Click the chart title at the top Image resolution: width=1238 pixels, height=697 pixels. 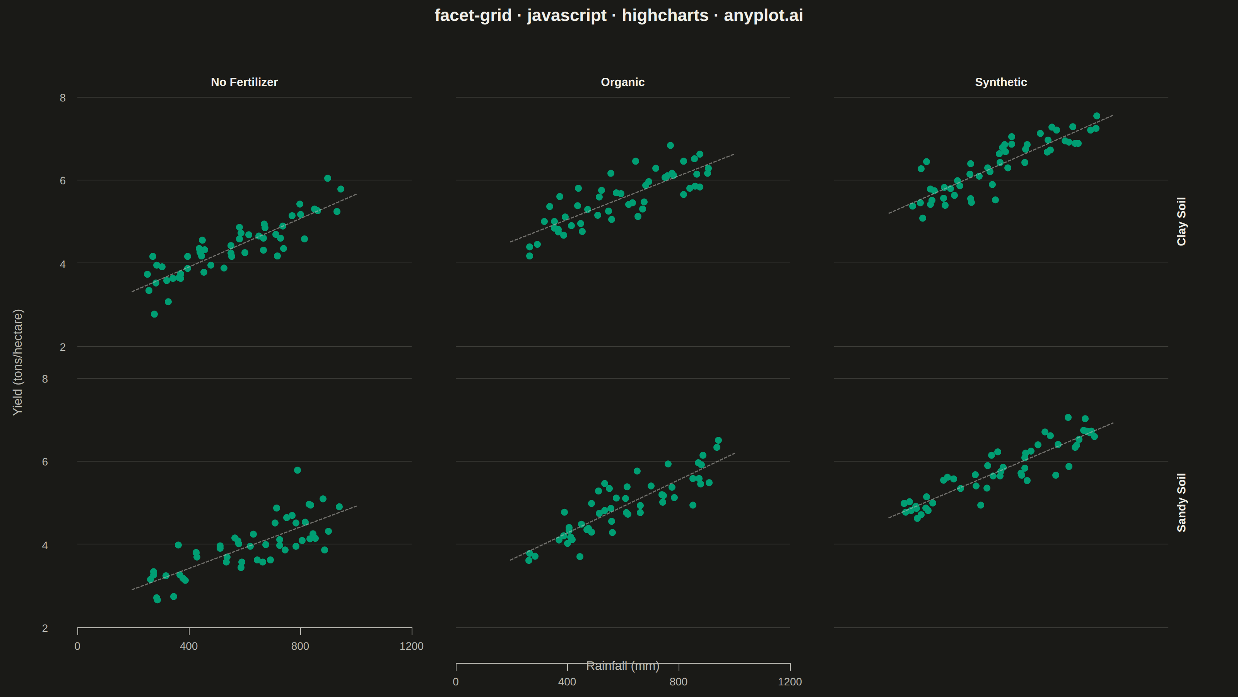point(619,15)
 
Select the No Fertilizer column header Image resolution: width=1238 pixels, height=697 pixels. point(244,82)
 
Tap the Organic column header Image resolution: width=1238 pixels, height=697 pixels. point(622,82)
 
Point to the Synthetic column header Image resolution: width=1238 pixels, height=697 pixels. point(1000,82)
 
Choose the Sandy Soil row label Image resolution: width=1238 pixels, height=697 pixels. point(1181,503)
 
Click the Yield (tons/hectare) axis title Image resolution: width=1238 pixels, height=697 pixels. point(17,362)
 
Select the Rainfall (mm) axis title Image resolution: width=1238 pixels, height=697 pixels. point(622,666)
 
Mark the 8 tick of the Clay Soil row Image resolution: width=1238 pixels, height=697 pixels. point(62,98)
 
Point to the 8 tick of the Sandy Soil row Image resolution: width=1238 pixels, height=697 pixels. point(45,379)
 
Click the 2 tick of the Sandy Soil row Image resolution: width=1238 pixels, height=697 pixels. point(45,628)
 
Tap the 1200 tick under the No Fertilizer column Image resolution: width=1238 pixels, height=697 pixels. point(411,646)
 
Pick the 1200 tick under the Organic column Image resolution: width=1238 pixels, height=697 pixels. point(790,682)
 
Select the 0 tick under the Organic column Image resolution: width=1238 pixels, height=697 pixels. point(456,682)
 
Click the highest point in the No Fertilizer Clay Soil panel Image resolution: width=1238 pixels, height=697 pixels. point(327,178)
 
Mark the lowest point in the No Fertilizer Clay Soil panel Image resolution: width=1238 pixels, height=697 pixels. point(154,314)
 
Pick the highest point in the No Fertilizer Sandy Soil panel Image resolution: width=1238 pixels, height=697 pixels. point(298,470)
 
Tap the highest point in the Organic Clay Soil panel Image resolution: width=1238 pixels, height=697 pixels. point(670,145)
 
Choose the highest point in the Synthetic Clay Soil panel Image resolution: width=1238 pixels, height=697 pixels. point(1097,116)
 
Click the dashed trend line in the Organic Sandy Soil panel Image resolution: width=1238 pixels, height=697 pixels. point(622,506)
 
